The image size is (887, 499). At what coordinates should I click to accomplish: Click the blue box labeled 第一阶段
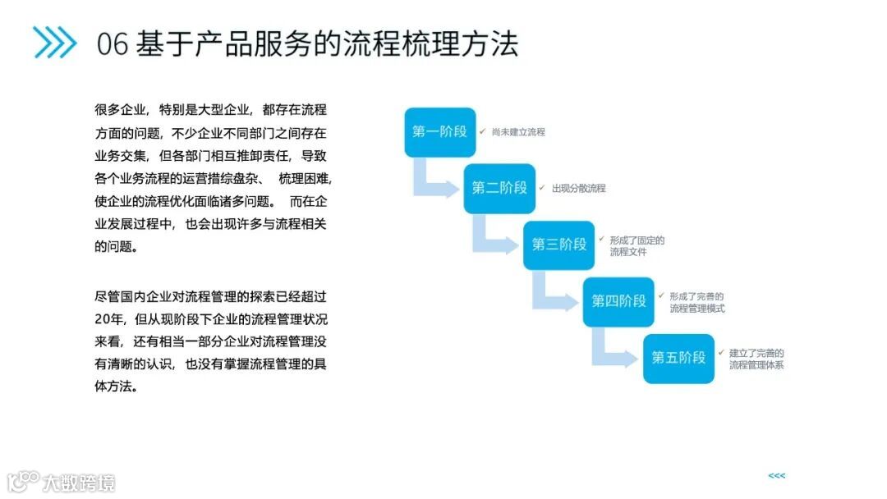[439, 132]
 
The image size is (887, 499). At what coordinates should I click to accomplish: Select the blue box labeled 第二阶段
[499, 189]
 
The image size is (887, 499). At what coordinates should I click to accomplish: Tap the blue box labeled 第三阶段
[559, 245]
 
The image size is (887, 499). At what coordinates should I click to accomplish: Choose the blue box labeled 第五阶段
[679, 358]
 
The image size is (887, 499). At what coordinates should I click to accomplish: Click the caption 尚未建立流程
[518, 132]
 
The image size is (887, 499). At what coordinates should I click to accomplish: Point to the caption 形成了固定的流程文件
[637, 246]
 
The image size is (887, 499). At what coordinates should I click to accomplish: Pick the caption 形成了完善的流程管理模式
[696, 303]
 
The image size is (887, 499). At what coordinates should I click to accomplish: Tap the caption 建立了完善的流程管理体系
[756, 359]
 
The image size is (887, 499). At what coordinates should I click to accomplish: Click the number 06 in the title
[112, 43]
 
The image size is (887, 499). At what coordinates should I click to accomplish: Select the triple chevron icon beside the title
[54, 43]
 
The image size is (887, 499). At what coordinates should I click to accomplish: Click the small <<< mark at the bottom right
[777, 476]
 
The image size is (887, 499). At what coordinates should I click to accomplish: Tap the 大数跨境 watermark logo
[62, 482]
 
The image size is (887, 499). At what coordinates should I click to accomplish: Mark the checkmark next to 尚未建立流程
[483, 131]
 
